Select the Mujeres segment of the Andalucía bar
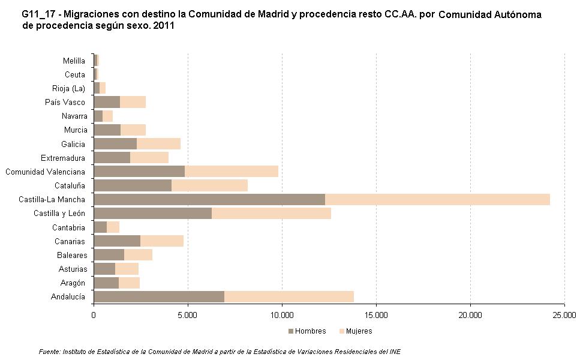pyautogui.click(x=289, y=296)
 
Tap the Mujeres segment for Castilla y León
pyautogui.click(x=271, y=214)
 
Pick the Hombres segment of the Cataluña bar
pyautogui.click(x=133, y=185)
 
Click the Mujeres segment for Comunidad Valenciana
pyautogui.click(x=232, y=172)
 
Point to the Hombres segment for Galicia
pyautogui.click(x=115, y=144)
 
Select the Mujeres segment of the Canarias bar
pyautogui.click(x=162, y=241)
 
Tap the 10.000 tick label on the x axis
pyautogui.click(x=282, y=314)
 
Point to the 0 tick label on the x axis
pyautogui.click(x=94, y=314)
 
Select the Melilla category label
pyautogui.click(x=74, y=61)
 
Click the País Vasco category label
pyautogui.click(x=65, y=102)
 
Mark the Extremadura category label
pyautogui.click(x=63, y=158)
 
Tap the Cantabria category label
pyautogui.click(x=69, y=227)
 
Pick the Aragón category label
pyautogui.click(x=72, y=283)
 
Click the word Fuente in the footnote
pyautogui.click(x=50, y=352)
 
